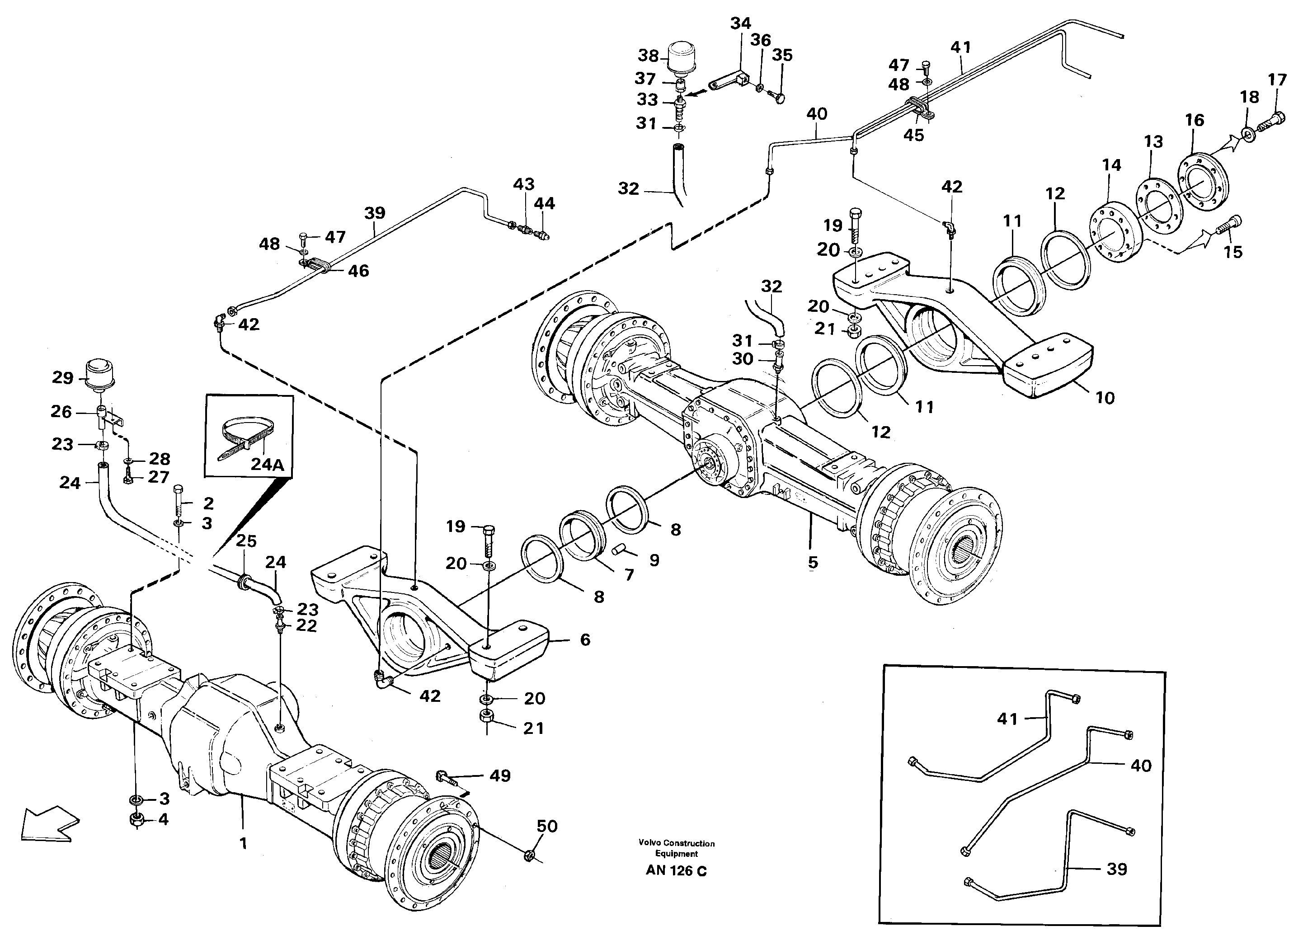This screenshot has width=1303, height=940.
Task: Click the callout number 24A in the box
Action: pos(267,464)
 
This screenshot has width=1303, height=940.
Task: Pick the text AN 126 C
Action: pos(676,871)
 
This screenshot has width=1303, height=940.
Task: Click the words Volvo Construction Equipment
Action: pos(676,848)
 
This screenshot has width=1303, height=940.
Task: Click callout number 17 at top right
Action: pos(1277,80)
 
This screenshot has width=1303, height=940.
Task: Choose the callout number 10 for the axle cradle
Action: pos(1105,398)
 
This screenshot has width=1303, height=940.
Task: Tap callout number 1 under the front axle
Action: pos(243,843)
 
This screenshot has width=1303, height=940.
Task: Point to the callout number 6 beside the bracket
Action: pos(585,639)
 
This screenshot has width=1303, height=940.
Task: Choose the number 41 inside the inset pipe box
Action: pos(1007,719)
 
